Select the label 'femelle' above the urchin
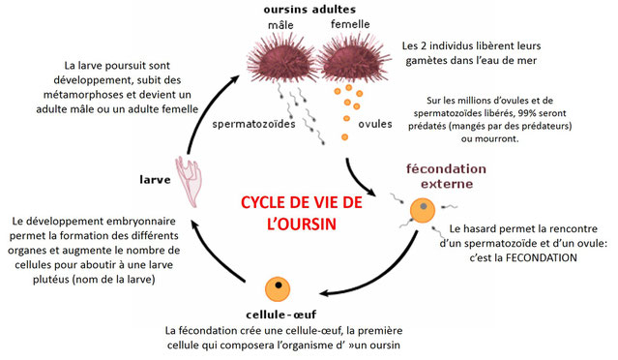[x=349, y=23]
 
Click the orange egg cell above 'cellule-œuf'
[x=277, y=287]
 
